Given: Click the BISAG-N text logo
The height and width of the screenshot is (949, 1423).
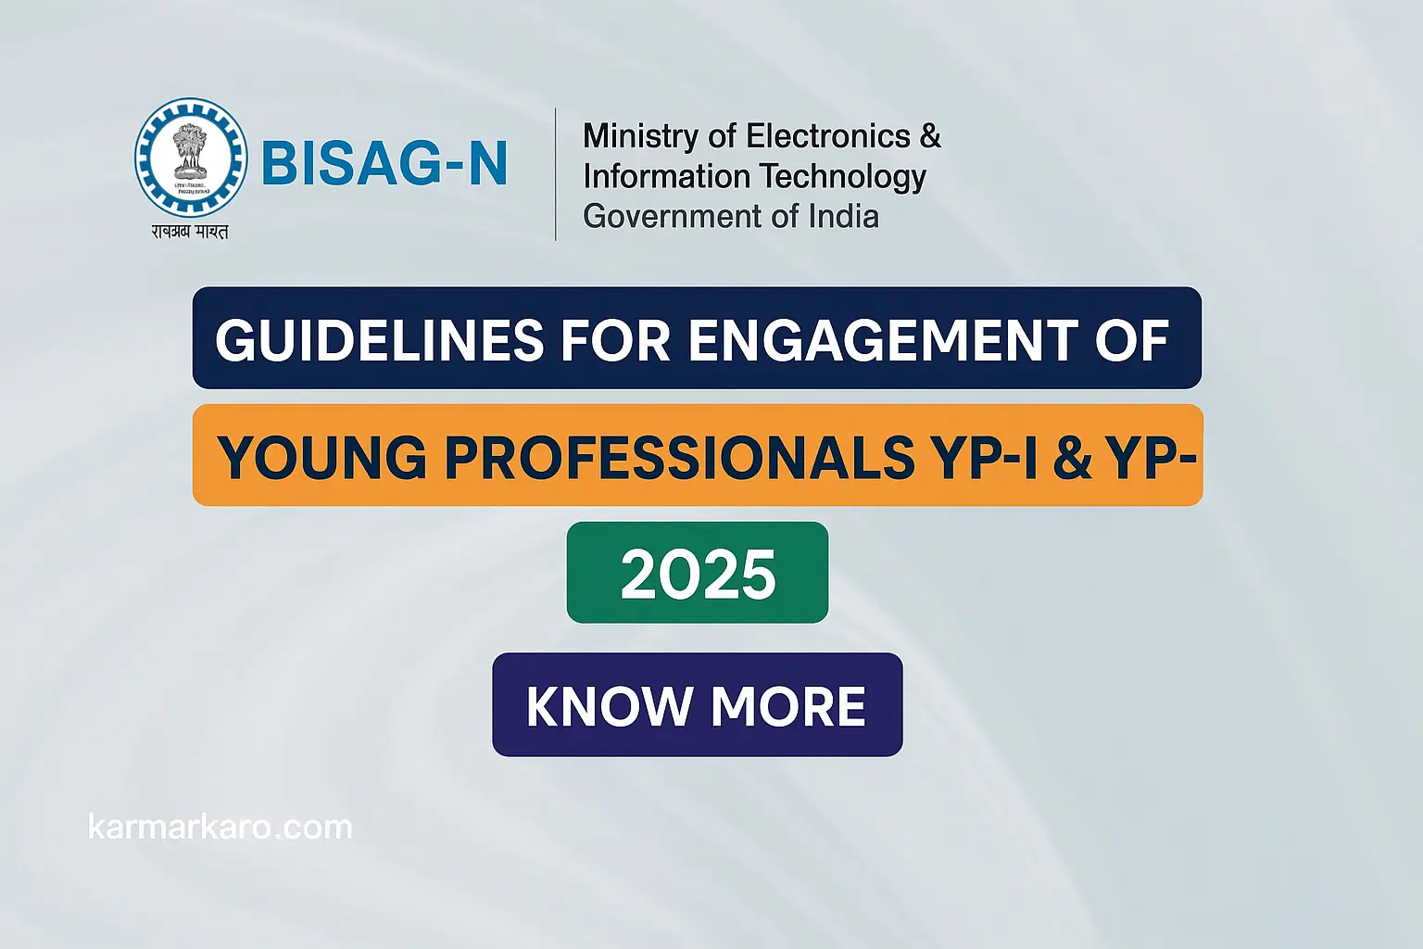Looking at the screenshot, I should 384,164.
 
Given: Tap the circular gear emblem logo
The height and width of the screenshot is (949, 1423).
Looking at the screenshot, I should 191,158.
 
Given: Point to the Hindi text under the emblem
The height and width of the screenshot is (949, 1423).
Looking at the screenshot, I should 190,232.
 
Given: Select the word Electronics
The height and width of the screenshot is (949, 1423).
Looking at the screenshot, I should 828,136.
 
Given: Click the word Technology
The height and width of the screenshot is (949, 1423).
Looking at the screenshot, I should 842,176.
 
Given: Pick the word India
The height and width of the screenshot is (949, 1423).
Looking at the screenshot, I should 843,216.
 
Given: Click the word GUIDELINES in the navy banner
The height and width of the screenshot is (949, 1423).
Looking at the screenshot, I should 379,340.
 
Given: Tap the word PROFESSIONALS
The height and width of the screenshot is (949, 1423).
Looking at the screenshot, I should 680,457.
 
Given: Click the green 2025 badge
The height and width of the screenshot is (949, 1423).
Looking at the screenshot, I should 698,573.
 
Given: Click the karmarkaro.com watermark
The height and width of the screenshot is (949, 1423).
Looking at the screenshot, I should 220,827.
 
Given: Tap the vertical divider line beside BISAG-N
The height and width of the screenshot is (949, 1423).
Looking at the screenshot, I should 555,174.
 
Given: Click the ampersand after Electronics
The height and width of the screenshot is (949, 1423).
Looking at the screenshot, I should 930,136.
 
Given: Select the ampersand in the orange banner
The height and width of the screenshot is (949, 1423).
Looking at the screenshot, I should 1072,457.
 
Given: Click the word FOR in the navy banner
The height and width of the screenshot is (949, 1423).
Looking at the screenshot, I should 615,340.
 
